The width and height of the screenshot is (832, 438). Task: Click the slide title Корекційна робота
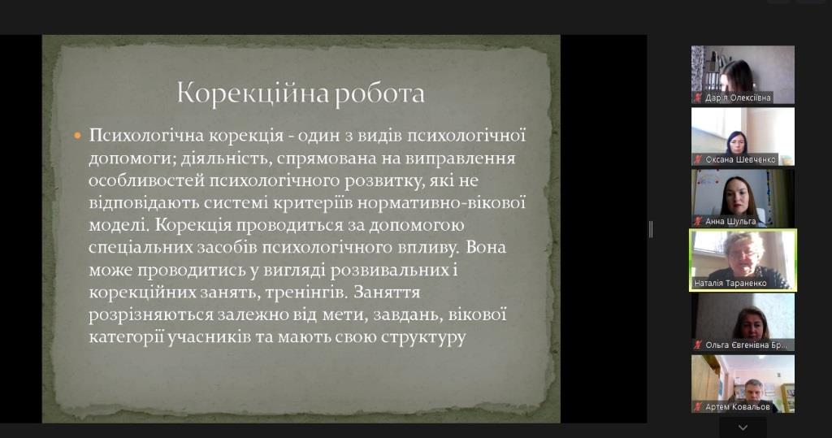coord(301,93)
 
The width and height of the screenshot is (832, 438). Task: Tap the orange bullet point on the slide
coord(77,136)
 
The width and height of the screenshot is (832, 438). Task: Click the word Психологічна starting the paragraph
coord(146,136)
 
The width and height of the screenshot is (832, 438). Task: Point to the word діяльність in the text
coord(226,158)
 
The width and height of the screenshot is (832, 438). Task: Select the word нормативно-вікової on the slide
coord(441,202)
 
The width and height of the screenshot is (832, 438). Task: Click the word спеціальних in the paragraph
coord(140,248)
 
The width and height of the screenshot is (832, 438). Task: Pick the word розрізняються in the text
coord(150,314)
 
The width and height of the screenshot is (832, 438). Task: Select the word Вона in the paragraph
coord(486,247)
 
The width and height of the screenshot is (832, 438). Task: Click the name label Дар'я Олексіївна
coord(738,98)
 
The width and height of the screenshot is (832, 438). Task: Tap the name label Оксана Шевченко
coord(740,159)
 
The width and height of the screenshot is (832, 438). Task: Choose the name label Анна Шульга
coord(730,221)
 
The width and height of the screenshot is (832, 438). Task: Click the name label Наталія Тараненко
coord(730,284)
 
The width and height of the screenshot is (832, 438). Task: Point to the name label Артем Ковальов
coord(738,407)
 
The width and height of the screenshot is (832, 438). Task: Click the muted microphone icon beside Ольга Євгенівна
coord(698,345)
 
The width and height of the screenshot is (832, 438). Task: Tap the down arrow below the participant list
coord(743,427)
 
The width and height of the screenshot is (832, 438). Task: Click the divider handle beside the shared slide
coord(651,229)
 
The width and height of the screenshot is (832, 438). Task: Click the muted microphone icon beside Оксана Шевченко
coord(698,159)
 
